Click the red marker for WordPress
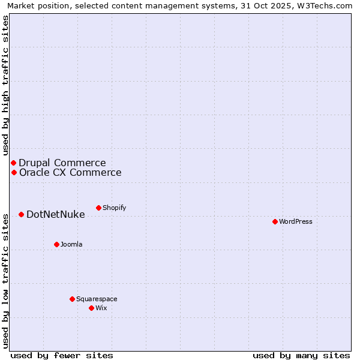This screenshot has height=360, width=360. [x=275, y=221]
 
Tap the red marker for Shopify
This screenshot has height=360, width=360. [x=98, y=208]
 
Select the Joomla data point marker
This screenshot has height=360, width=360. [x=56, y=244]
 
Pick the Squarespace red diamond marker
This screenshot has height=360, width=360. [x=72, y=299]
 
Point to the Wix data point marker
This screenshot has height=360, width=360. [x=91, y=308]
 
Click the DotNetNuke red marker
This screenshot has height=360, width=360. [x=21, y=214]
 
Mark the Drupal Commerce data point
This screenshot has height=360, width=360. [x=13, y=163]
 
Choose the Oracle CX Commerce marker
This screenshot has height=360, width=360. [x=14, y=172]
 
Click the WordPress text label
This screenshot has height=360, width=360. [x=296, y=221]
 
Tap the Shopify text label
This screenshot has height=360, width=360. [x=114, y=208]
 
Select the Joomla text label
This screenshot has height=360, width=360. [x=71, y=244]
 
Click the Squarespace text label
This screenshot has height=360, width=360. [x=97, y=299]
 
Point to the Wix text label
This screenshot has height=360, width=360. [x=101, y=308]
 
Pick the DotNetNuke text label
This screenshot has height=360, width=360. [x=56, y=214]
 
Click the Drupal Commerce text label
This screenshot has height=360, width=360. [x=62, y=163]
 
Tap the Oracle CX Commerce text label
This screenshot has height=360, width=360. [x=70, y=173]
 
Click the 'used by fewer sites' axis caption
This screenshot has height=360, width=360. [x=62, y=355]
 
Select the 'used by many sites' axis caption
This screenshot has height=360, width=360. [x=301, y=355]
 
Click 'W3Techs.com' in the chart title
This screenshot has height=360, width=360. [x=327, y=6]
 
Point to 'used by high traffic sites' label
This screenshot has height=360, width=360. [x=6, y=85]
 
